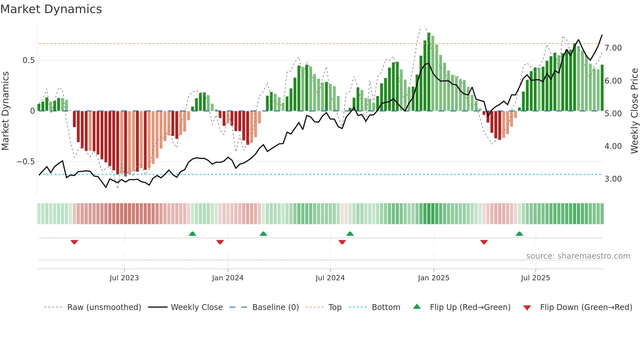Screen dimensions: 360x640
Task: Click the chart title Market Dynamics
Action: (x=51, y=9)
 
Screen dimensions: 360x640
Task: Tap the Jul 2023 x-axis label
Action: (x=124, y=278)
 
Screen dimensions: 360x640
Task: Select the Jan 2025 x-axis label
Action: (x=434, y=278)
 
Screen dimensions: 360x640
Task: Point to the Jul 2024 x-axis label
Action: (x=330, y=278)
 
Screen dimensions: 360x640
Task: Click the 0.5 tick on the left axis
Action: (x=29, y=60)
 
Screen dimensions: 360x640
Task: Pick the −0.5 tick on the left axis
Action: (x=26, y=162)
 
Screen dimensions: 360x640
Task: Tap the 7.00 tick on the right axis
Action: (x=613, y=48)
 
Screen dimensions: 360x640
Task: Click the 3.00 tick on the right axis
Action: (x=613, y=179)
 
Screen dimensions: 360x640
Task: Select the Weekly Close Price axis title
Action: (x=634, y=111)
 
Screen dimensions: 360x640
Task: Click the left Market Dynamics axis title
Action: (x=6, y=111)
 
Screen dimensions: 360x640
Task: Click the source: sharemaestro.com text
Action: (x=578, y=256)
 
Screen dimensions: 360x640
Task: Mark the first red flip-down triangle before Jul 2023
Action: (x=74, y=242)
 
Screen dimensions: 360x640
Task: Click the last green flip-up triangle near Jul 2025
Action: (x=519, y=234)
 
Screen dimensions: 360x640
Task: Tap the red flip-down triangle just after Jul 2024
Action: (x=342, y=242)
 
